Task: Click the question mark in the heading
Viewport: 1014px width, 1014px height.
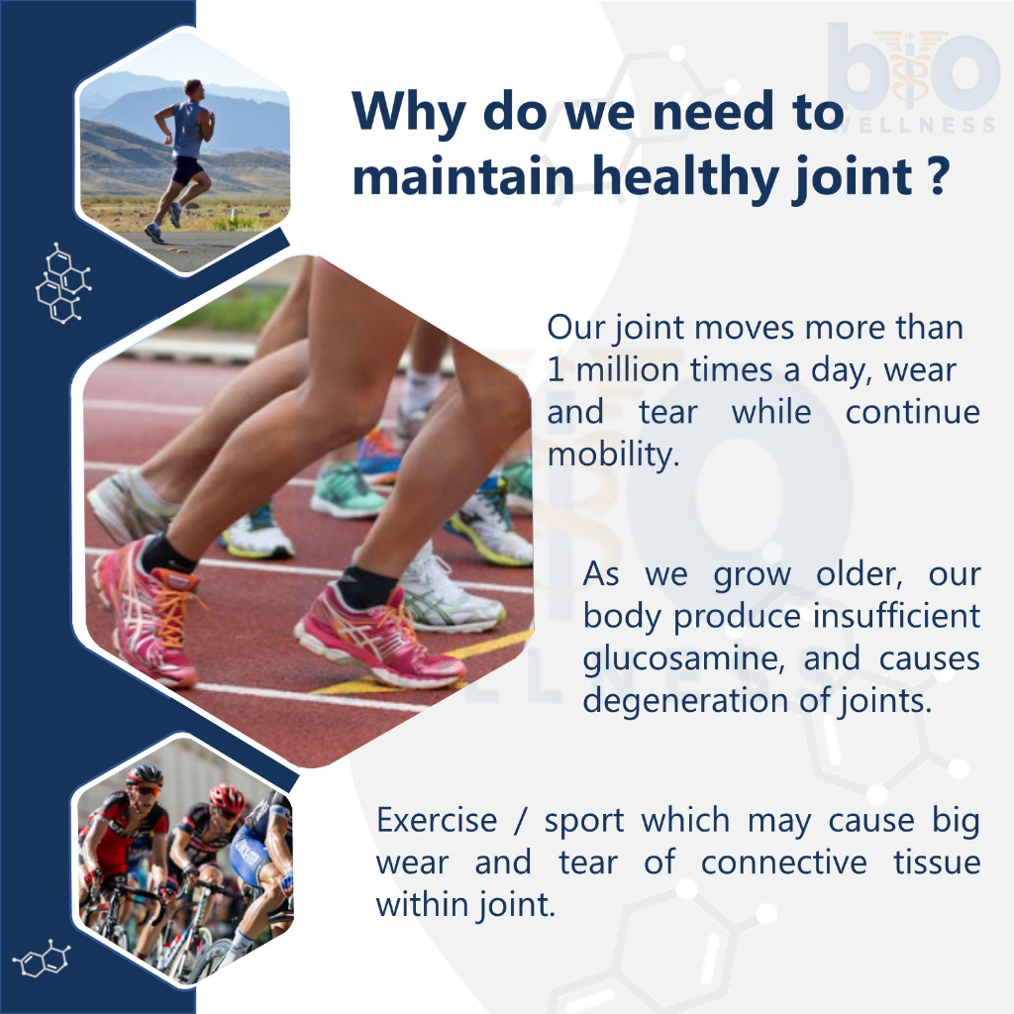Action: point(937,176)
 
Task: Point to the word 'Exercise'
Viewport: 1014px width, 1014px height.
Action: point(437,820)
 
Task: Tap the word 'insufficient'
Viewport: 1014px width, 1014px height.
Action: point(896,615)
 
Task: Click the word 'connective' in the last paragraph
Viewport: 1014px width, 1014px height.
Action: point(784,862)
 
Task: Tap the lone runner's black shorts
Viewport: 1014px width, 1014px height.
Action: point(187,169)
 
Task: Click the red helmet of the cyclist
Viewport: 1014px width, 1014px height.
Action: point(227,797)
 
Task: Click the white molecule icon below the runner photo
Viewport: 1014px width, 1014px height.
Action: point(63,283)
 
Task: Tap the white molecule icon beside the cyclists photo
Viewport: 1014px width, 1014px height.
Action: point(42,959)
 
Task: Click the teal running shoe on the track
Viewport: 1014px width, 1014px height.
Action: point(346,491)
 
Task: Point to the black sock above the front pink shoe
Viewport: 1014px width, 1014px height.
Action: point(365,586)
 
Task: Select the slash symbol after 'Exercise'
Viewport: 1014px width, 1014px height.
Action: point(521,821)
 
